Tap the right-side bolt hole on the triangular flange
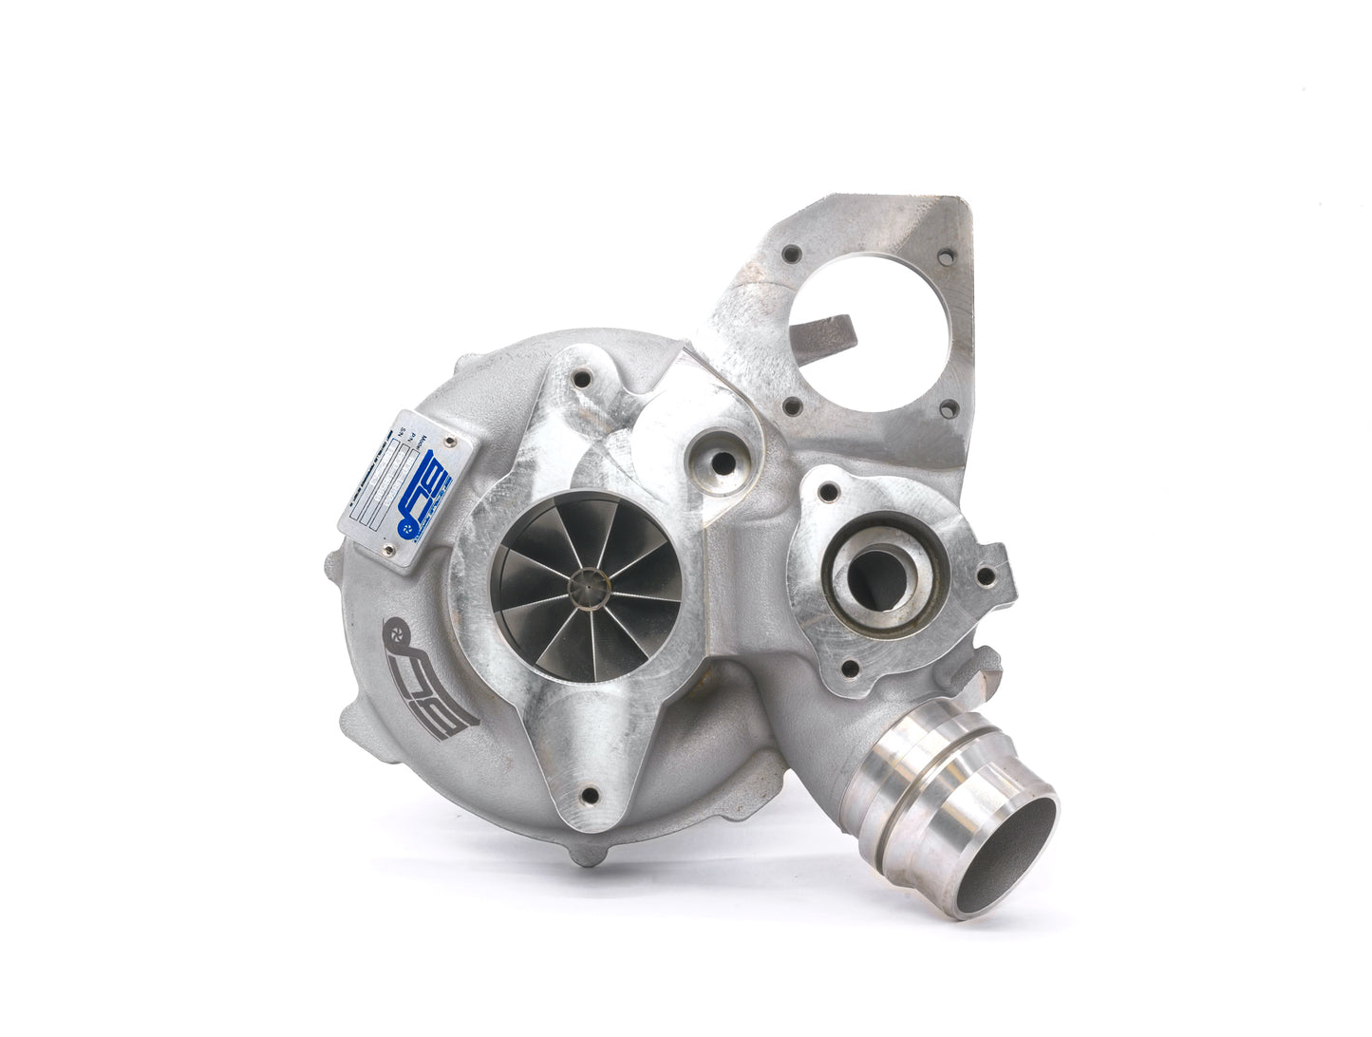[986, 575]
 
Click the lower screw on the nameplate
[387, 548]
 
